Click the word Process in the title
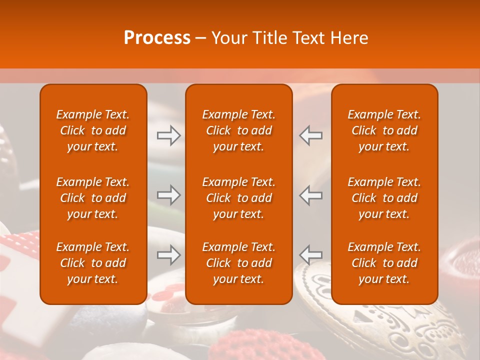(x=157, y=38)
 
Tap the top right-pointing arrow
(x=168, y=135)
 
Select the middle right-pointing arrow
(x=168, y=195)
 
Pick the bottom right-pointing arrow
(x=168, y=255)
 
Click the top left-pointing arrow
(x=311, y=135)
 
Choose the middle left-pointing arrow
(x=311, y=195)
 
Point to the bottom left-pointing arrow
(x=311, y=255)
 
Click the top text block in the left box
(x=93, y=130)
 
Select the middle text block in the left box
(x=93, y=198)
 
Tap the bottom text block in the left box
(x=93, y=263)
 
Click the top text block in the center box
(x=238, y=130)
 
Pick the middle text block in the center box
(x=238, y=198)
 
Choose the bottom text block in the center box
(x=238, y=263)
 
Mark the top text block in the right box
(x=384, y=130)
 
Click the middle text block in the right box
(x=384, y=198)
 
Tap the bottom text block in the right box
(x=384, y=263)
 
